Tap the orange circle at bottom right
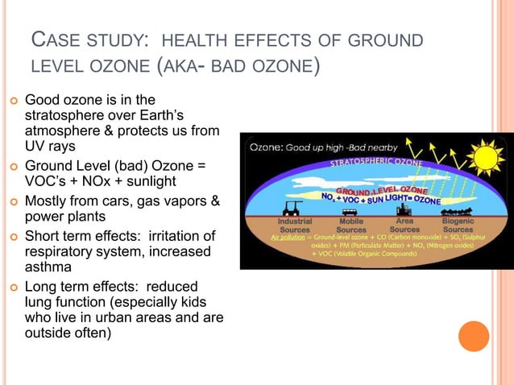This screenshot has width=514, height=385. click(473, 337)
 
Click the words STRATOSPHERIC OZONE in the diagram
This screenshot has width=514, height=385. click(367, 164)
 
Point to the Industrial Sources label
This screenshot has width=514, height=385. click(295, 225)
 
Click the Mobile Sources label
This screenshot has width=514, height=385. click(351, 225)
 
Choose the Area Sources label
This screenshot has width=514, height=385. click(404, 225)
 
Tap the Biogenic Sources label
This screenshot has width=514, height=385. click(458, 225)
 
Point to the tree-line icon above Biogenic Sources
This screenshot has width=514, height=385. click(458, 208)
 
